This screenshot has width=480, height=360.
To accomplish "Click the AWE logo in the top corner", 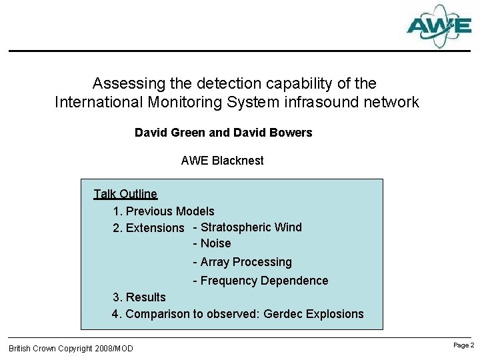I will [439, 26].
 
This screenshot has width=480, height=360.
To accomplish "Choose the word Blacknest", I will [238, 161].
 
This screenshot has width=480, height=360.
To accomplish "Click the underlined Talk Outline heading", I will [125, 194].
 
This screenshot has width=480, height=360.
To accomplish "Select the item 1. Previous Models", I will [163, 211].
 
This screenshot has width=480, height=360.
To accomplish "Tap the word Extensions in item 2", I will [155, 228].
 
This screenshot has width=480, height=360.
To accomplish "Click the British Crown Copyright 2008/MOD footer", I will [71, 349].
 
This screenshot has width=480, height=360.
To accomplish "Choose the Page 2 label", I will [463, 345].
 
